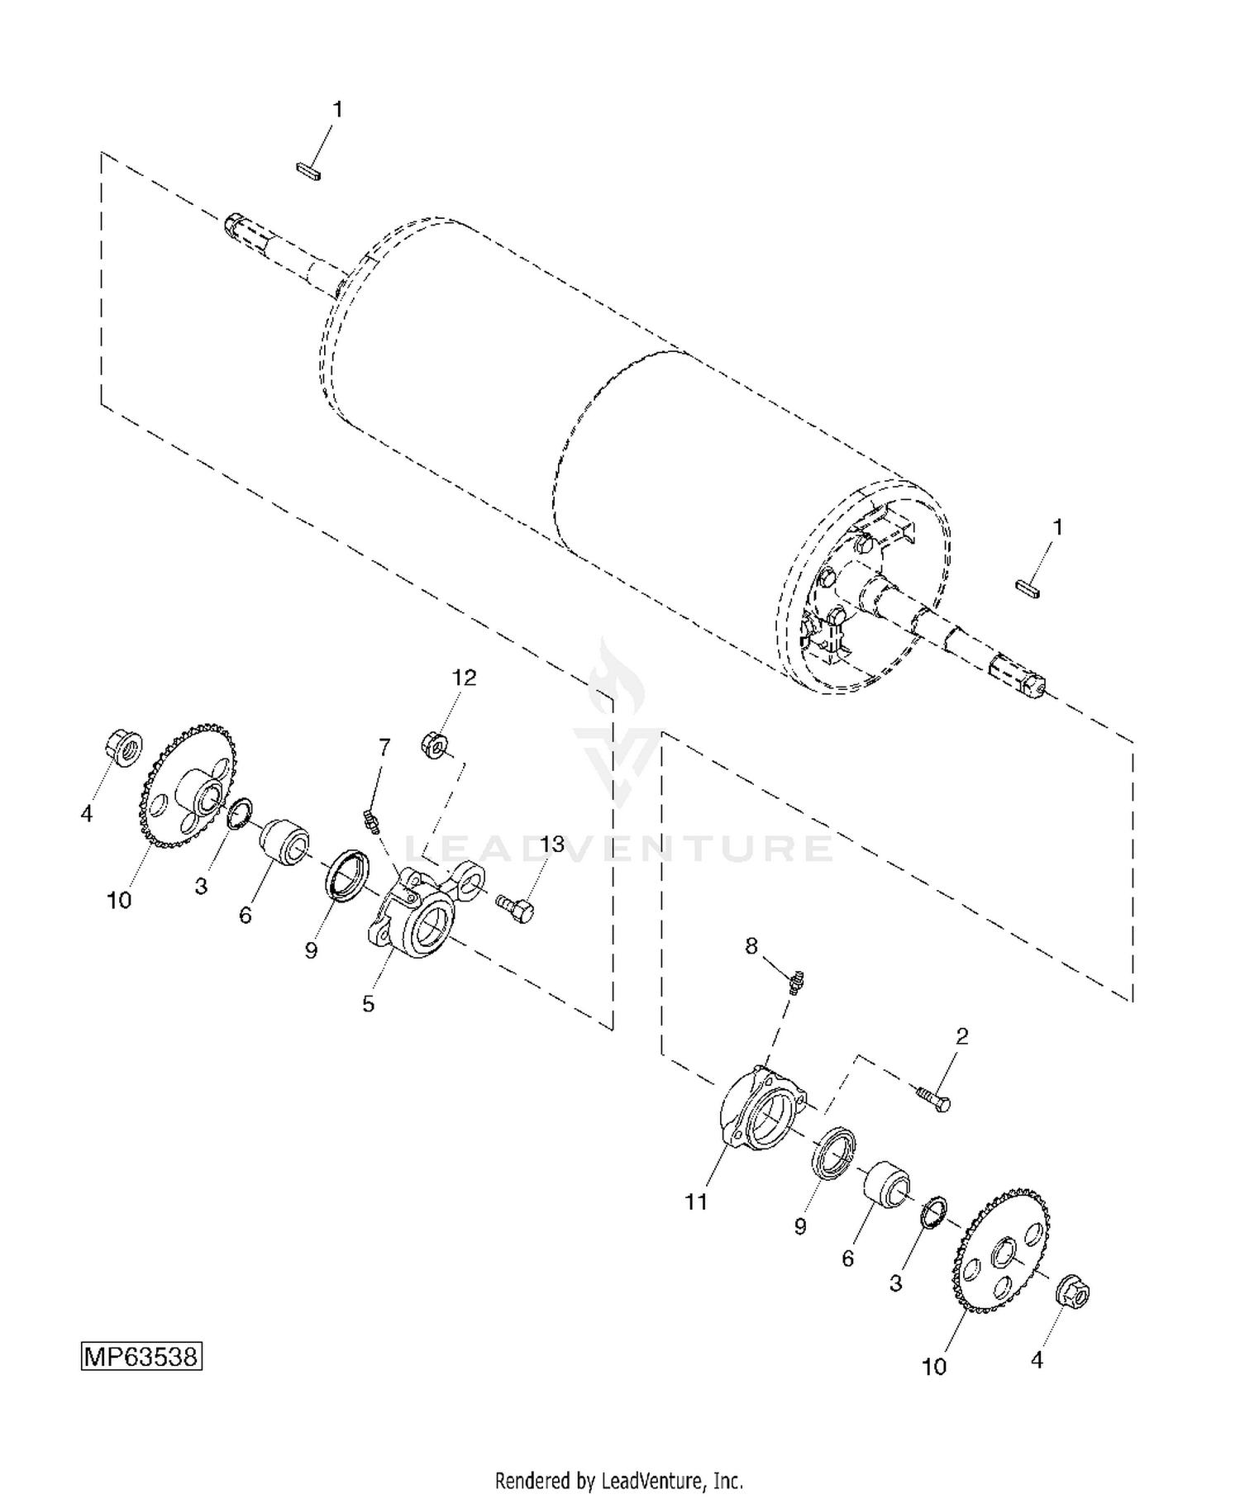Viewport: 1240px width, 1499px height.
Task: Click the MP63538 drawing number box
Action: tap(141, 1357)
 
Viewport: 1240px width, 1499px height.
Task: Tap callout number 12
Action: tap(464, 678)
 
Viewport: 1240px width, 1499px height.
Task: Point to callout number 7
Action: tap(384, 747)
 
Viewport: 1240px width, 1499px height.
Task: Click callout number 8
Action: tap(751, 945)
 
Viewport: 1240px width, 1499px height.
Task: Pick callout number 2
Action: tap(962, 1036)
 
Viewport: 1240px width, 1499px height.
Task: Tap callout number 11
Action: tap(697, 1202)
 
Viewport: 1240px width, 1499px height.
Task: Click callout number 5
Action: tap(369, 1004)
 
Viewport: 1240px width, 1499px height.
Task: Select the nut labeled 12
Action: tap(436, 742)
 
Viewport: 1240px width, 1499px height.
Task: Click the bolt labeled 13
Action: tap(515, 907)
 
